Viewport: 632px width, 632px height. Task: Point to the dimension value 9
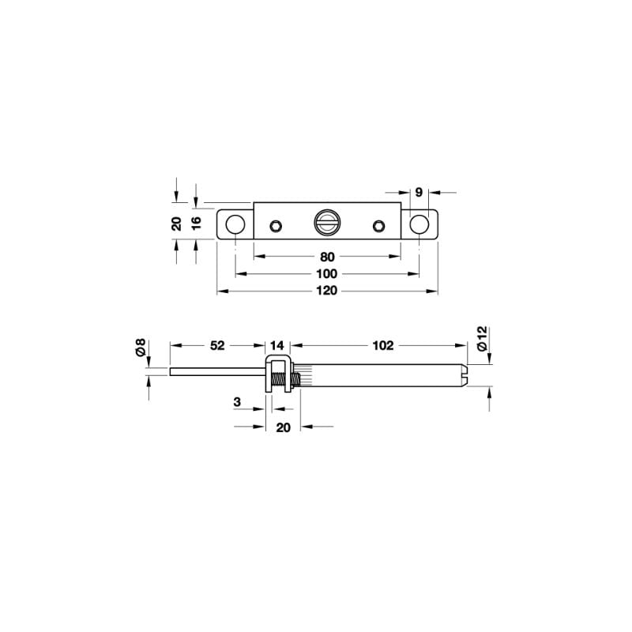(x=419, y=191)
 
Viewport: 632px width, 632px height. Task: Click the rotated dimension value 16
(x=197, y=223)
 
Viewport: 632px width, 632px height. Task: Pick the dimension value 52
(x=217, y=345)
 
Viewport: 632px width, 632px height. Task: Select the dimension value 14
(x=276, y=345)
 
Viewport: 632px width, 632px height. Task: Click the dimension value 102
(x=382, y=345)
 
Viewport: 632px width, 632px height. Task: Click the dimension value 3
(x=237, y=402)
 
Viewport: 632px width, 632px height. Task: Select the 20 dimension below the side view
(x=284, y=427)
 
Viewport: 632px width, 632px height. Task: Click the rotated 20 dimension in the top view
(x=177, y=223)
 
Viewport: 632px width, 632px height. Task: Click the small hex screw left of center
(x=275, y=226)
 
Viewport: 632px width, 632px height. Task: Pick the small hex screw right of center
(x=378, y=226)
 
